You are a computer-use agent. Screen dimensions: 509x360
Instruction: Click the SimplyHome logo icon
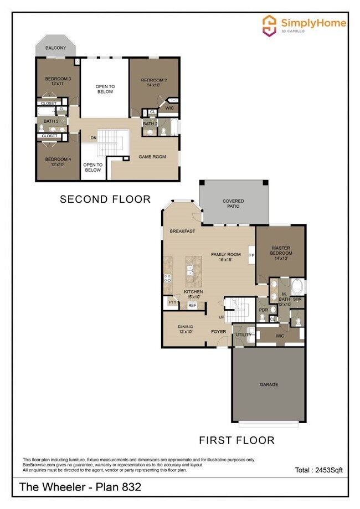coord(270,25)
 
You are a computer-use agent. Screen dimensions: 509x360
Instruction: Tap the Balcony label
coord(56,48)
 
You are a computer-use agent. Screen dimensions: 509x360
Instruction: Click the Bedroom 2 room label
coord(155,83)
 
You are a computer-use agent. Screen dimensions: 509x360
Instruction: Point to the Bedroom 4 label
coord(58,162)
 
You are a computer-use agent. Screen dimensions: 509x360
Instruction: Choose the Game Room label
coord(152,157)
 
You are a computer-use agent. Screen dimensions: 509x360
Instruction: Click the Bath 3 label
coord(50,121)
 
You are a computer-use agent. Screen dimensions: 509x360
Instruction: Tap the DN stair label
coord(94,137)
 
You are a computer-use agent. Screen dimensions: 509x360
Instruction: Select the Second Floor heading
coord(105,199)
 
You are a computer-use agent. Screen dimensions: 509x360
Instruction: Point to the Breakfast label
coord(182,231)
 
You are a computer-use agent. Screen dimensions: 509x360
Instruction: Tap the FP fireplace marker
coord(251,255)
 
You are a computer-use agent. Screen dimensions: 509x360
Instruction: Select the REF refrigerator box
coord(192,305)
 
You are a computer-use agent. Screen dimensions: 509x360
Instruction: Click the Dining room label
coord(186,329)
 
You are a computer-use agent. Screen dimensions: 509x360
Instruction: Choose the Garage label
coord(269,384)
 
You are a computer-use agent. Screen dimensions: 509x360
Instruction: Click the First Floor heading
coord(236,441)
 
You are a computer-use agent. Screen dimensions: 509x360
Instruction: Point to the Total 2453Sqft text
coord(319,470)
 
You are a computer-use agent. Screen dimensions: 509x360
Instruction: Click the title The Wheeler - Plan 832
coord(80,487)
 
